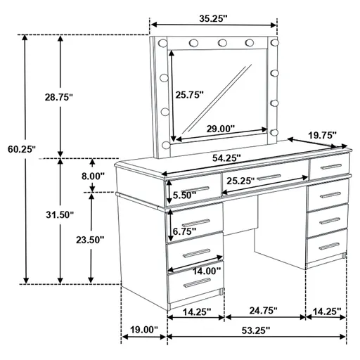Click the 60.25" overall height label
tap(21, 149)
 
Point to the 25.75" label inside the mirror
tap(189, 94)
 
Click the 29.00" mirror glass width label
tap(220, 129)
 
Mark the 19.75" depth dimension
tap(321, 134)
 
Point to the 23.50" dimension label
tap(90, 239)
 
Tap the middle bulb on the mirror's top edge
tap(223, 44)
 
